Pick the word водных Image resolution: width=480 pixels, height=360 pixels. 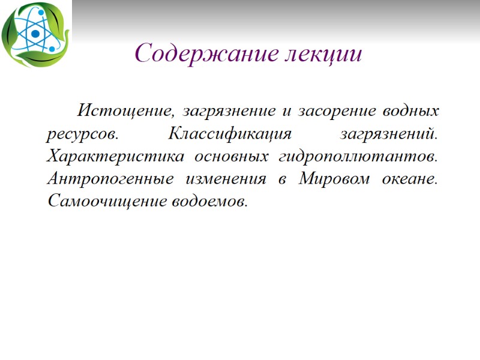413,111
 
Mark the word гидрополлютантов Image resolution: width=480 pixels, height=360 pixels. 359,157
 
